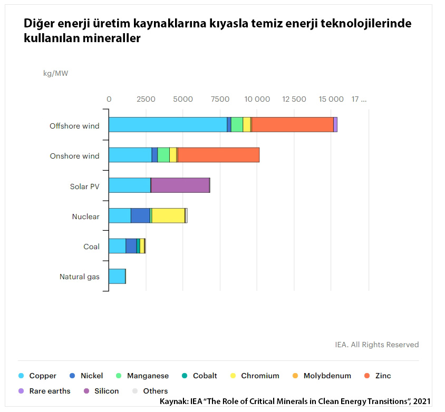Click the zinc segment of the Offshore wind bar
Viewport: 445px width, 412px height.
pos(292,124)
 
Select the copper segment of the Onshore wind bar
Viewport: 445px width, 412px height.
pos(130,155)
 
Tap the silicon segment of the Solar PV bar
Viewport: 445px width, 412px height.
pos(180,185)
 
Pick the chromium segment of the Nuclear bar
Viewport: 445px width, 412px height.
pos(168,215)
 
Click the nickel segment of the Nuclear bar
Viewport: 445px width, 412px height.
pos(140,215)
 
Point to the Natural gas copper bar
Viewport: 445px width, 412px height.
pos(117,276)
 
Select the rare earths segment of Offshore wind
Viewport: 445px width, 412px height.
pos(335,124)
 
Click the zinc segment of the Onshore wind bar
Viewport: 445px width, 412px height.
pos(218,155)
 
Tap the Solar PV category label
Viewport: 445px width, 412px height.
pos(84,187)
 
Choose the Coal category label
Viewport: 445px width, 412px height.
pos(91,247)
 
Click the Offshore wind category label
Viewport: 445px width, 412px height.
pos(74,126)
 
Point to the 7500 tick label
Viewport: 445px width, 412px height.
pos(219,99)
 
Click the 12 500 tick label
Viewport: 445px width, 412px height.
pos(294,99)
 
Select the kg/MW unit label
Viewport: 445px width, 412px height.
pos(55,73)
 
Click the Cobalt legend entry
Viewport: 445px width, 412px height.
pos(205,376)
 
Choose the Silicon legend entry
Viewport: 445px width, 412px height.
pos(106,391)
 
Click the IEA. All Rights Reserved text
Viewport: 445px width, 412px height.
pos(376,345)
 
